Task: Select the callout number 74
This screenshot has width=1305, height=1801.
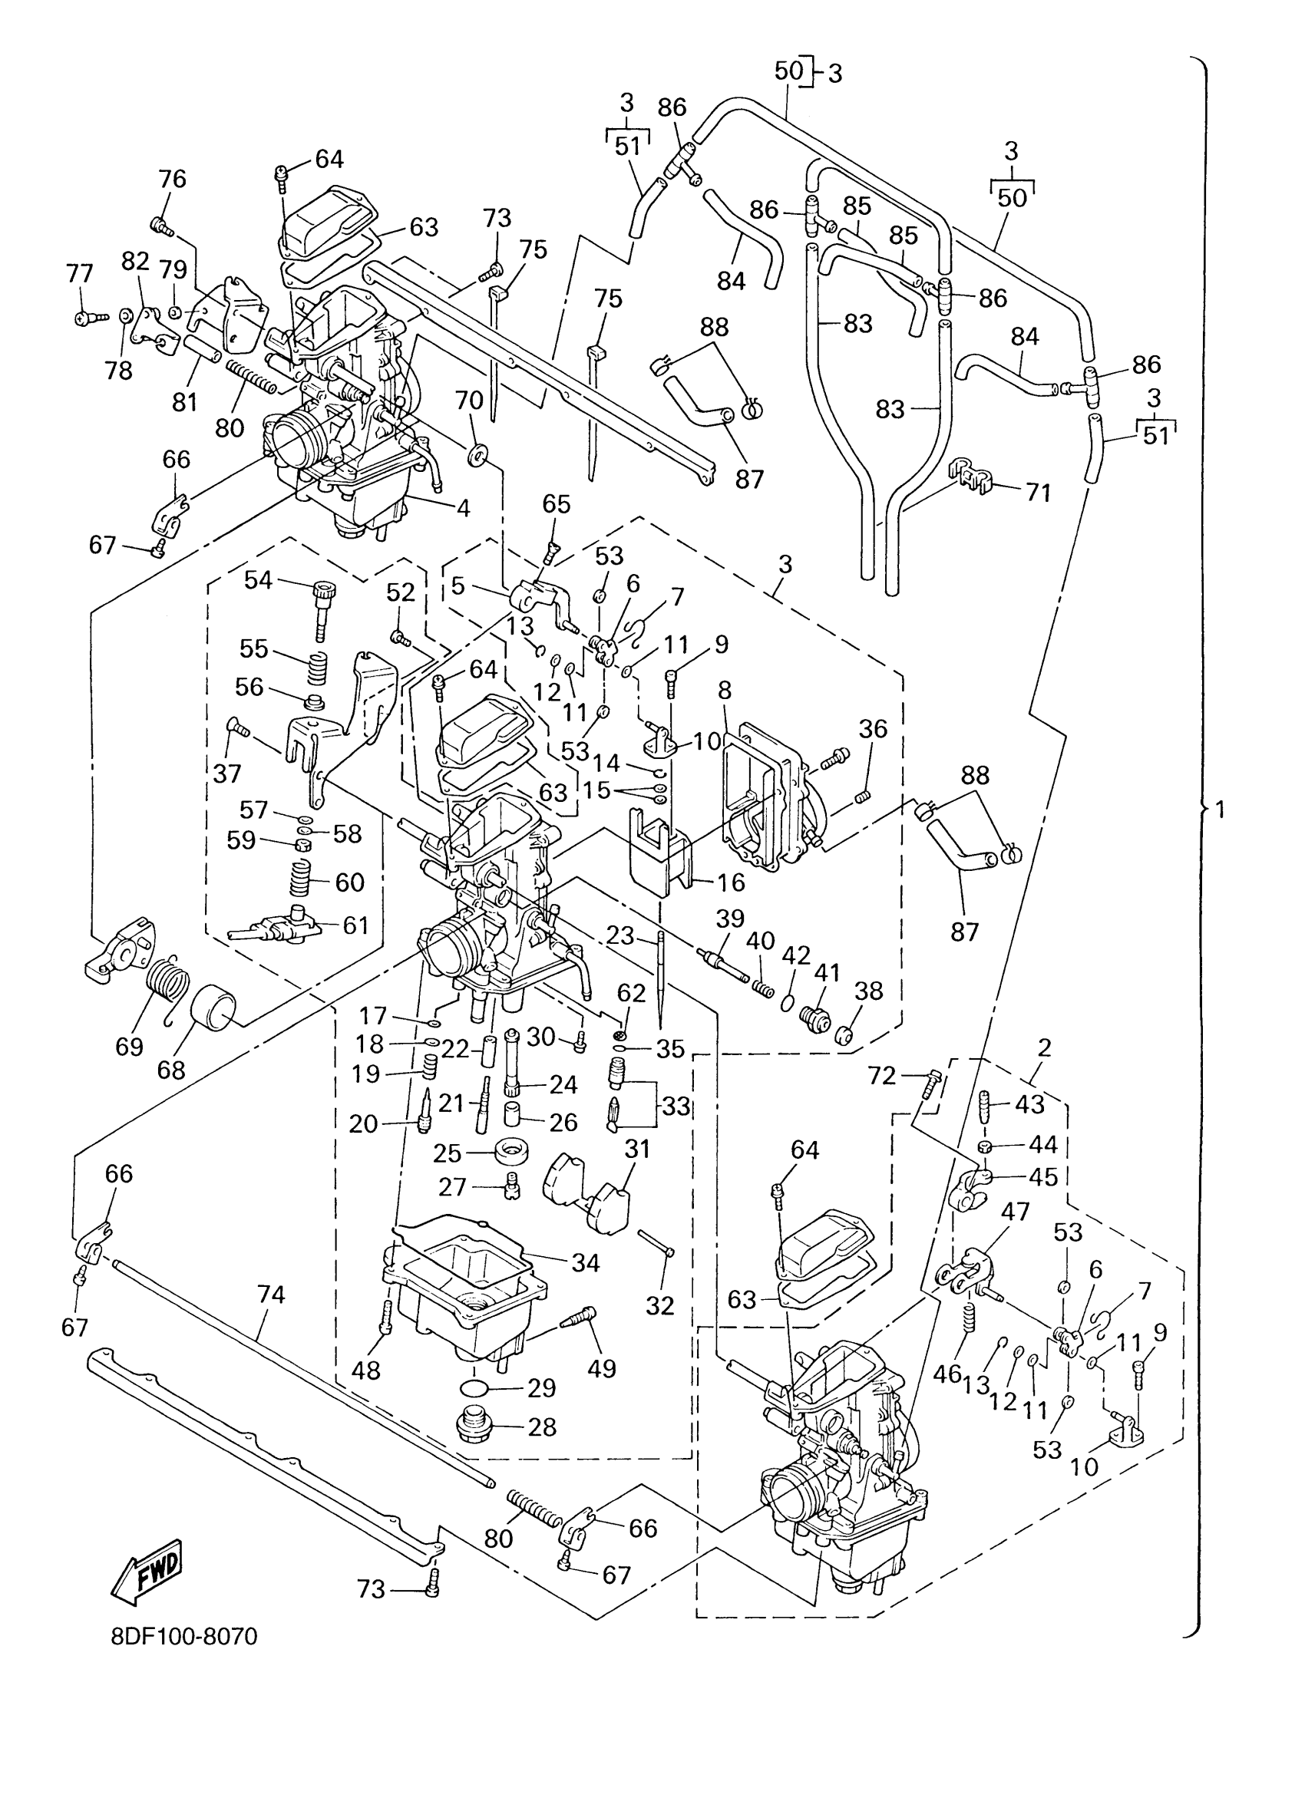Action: (271, 1295)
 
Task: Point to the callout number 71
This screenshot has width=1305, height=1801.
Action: (1038, 493)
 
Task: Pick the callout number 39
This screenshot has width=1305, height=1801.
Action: (730, 918)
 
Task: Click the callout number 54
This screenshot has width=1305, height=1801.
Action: (258, 580)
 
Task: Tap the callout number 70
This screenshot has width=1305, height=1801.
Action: (470, 401)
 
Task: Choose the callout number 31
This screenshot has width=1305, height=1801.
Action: (637, 1149)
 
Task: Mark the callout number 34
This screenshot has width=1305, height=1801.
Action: (586, 1262)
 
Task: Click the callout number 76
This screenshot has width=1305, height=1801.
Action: (173, 180)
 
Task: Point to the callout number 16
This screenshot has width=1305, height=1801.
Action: (731, 882)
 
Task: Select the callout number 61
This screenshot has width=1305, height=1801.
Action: (356, 925)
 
